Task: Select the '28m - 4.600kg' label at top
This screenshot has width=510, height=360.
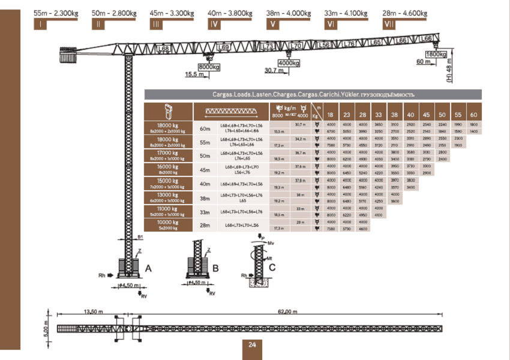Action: (x=405, y=13)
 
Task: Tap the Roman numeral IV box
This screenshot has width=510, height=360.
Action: (x=214, y=25)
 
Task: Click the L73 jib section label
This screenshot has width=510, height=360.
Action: (x=268, y=46)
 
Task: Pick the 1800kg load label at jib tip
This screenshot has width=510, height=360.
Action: (x=436, y=55)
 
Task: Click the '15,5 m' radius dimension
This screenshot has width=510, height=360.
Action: (x=194, y=74)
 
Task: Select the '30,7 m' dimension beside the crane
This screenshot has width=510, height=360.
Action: (x=274, y=71)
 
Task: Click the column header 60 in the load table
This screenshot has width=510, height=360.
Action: (x=473, y=114)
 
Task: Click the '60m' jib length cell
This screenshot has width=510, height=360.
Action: (x=205, y=128)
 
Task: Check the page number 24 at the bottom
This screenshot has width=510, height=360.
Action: (x=252, y=344)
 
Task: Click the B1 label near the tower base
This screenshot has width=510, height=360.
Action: (x=140, y=236)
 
